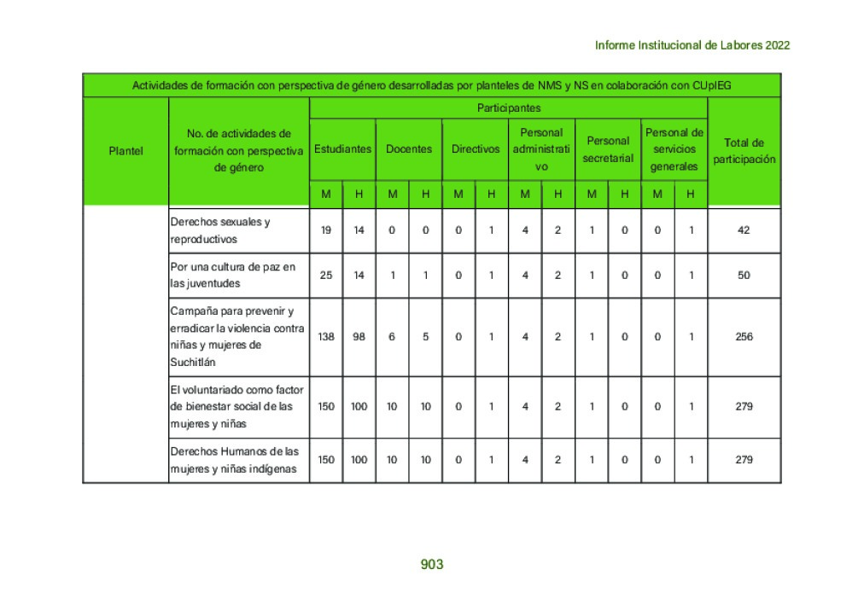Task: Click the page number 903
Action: pos(432,565)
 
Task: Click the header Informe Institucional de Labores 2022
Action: pos(692,45)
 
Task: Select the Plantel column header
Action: pos(126,151)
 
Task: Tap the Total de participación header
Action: pos(744,151)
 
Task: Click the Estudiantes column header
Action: pos(342,148)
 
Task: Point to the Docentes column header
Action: pos(409,148)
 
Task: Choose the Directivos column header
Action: pos(476,148)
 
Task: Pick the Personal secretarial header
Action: pos(608,149)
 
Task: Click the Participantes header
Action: pos(508,108)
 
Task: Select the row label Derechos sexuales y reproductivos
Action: pos(220,230)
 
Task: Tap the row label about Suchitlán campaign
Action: pos(237,336)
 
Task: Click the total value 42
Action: pos(744,230)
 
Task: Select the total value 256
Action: pos(744,337)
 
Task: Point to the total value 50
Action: pos(744,276)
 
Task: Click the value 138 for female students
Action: pos(326,337)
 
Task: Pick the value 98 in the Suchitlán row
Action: pos(359,337)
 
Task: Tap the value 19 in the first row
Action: pos(326,230)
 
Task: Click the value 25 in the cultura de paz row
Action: pos(326,276)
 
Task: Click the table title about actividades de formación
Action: pos(431,85)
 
